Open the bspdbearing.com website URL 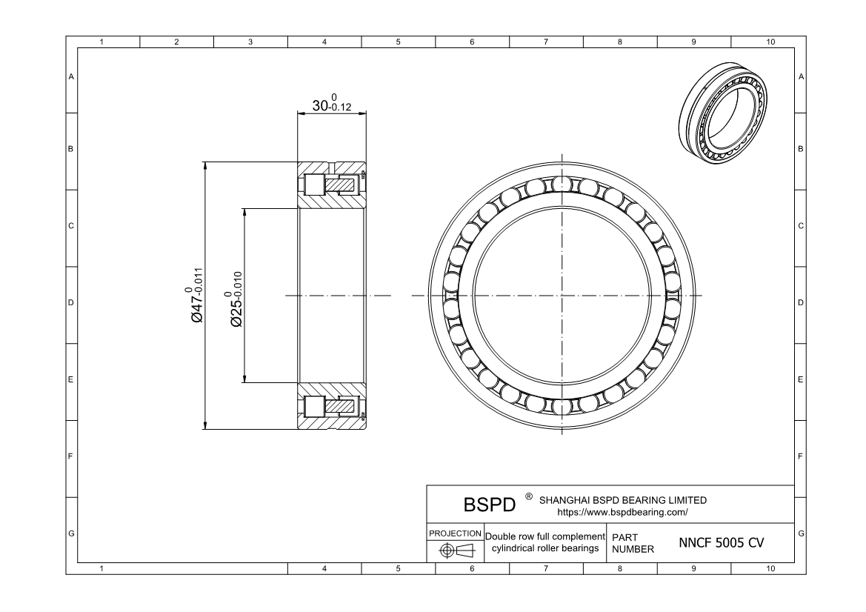(x=622, y=512)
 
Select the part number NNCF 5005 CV (x=722, y=542)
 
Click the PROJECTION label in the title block (x=455, y=533)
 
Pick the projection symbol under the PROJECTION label (x=456, y=551)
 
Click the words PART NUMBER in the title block (x=633, y=542)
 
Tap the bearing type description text (x=545, y=542)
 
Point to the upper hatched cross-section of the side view (x=332, y=184)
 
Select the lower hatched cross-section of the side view (x=332, y=406)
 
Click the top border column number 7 (x=546, y=42)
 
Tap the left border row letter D (x=71, y=303)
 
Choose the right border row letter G (x=802, y=533)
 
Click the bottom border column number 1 (x=101, y=568)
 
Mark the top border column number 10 (x=770, y=42)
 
